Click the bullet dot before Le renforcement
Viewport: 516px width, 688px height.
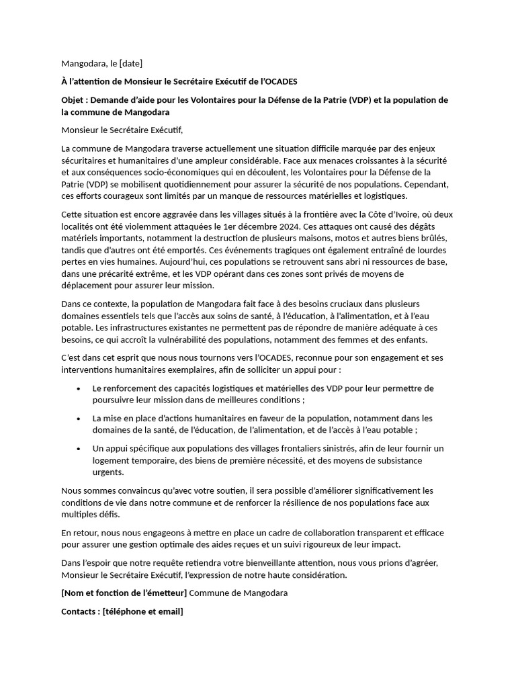pos(79,388)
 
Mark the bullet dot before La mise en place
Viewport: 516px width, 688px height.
pos(79,419)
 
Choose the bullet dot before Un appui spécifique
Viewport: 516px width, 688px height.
pos(79,448)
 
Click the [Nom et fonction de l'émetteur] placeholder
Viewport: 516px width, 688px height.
pos(124,593)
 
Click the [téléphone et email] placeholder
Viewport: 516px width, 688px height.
pos(143,611)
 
